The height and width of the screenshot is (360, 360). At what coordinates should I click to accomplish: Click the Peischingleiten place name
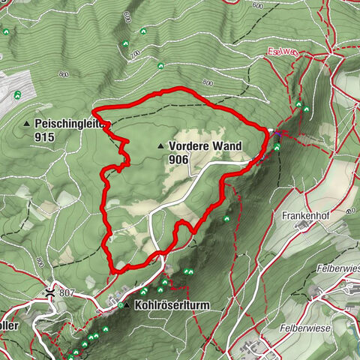click(72, 123)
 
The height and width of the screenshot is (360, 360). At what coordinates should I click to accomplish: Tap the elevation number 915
click(44, 138)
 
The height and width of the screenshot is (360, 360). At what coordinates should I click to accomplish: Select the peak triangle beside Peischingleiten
click(28, 124)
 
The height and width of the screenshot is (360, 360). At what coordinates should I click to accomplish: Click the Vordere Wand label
click(199, 145)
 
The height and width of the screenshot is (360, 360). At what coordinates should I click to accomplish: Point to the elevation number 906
click(179, 160)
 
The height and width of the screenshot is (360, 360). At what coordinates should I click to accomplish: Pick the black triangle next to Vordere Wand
click(160, 145)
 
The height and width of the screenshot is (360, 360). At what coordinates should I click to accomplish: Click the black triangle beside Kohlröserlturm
click(127, 306)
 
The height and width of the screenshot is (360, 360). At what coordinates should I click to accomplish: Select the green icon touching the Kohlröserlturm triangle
click(120, 305)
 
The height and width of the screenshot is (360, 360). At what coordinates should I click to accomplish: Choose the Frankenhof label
click(307, 214)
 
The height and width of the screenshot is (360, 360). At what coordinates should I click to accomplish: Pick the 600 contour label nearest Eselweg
click(258, 5)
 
